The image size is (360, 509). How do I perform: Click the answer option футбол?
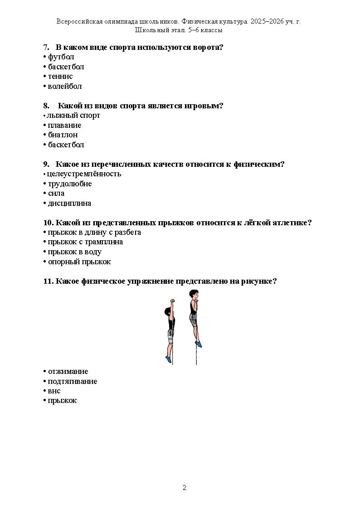[61, 57]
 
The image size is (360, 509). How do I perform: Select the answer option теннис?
[60, 77]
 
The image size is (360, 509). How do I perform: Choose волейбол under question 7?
[64, 86]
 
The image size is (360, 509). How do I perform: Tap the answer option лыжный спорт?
[73, 116]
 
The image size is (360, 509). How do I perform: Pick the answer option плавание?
[64, 125]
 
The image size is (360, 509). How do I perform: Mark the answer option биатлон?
[63, 135]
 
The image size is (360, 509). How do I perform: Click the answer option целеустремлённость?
[84, 174]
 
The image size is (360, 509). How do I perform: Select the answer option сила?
[56, 194]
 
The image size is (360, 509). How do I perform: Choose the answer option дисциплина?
[69, 204]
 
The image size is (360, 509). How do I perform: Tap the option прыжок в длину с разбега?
[94, 233]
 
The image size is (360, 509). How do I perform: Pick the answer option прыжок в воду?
[74, 252]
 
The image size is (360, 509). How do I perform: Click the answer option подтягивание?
[73, 382]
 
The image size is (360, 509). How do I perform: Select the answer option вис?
[54, 391]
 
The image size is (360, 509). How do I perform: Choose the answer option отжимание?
[68, 372]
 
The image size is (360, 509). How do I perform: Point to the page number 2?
[185, 488]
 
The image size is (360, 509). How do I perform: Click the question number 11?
[48, 281]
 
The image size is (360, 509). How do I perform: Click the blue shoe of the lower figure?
[169, 359]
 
